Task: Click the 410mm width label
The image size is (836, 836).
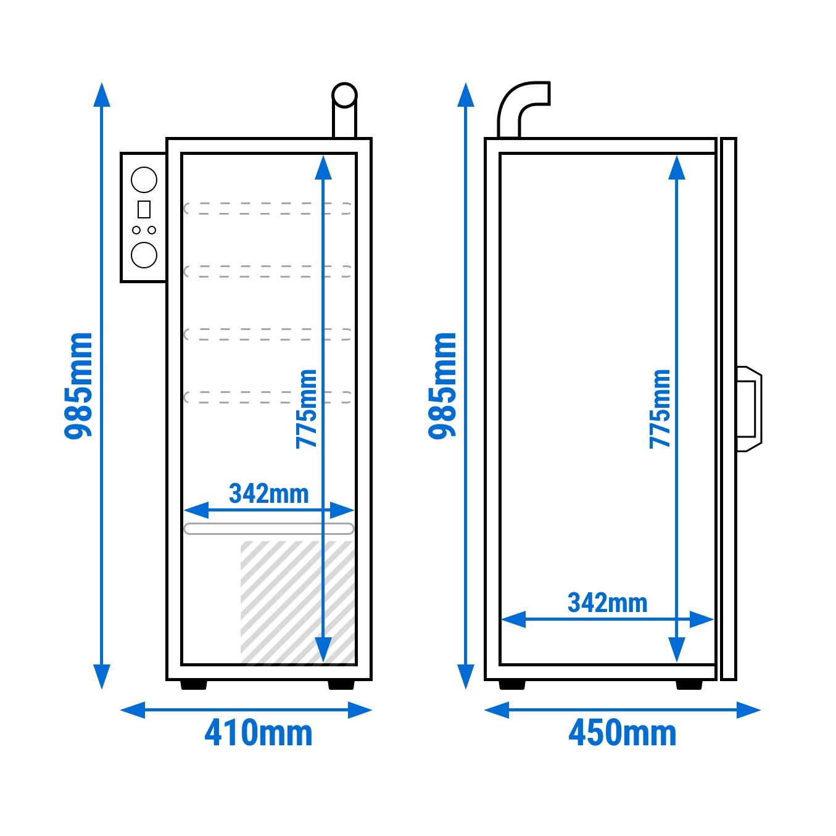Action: [258, 734]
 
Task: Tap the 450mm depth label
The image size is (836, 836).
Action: [622, 734]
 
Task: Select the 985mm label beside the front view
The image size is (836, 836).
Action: [78, 386]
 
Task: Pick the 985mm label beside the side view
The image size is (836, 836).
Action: [442, 386]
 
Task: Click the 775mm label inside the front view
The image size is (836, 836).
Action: [306, 409]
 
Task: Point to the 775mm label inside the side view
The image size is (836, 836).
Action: [660, 409]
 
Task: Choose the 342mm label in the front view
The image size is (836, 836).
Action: [268, 494]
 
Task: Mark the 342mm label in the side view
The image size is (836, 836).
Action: [607, 603]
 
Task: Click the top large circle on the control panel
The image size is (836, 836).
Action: [144, 180]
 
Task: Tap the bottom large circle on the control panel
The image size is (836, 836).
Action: [144, 255]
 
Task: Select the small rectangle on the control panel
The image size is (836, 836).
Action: [144, 209]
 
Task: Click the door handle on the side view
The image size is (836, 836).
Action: [749, 408]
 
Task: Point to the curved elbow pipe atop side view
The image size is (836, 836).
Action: [524, 109]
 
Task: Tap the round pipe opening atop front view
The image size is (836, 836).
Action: [344, 95]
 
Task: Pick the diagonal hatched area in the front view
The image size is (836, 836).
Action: [297, 602]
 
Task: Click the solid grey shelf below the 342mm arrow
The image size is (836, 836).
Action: [269, 528]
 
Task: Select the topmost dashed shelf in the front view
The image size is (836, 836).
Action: [268, 209]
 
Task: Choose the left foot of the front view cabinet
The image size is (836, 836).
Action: [194, 684]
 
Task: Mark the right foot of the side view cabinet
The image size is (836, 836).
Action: [689, 684]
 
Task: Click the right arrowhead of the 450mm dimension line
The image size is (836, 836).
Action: [749, 710]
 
